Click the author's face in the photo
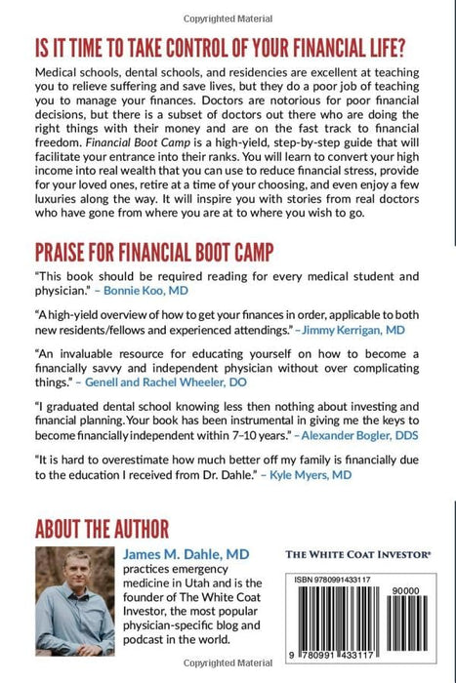point(76,580)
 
